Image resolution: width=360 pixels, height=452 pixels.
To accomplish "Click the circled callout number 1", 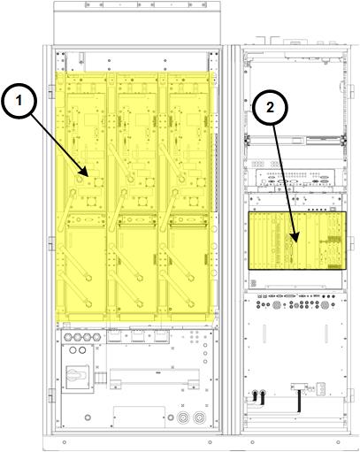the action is tap(19, 101).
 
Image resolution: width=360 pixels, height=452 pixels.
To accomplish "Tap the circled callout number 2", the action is tap(270, 108).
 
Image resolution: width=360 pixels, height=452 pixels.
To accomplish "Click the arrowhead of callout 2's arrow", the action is tap(295, 238).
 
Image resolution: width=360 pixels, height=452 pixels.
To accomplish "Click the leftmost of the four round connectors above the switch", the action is tap(67, 337).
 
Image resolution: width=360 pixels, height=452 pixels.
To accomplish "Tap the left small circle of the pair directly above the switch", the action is tap(73, 350).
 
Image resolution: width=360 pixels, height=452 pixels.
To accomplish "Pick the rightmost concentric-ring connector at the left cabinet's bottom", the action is tap(200, 418).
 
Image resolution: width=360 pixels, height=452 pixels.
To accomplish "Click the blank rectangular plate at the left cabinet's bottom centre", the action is tap(139, 417).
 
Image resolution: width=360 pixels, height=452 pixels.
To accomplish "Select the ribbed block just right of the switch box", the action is tap(100, 378).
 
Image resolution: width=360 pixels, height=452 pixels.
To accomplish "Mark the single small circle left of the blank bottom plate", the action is tap(88, 418).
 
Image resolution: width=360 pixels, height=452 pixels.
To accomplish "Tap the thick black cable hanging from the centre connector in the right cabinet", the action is tap(299, 401).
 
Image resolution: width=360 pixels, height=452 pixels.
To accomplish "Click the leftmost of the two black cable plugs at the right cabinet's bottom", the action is tap(255, 395).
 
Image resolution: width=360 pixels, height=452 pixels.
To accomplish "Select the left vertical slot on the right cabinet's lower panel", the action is tap(264, 333).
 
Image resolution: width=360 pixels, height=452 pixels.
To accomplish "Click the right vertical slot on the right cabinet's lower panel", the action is tap(326, 333).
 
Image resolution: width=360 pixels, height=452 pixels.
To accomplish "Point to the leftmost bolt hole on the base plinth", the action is tap(65, 442).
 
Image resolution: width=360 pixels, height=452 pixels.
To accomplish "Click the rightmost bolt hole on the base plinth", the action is tap(338, 442).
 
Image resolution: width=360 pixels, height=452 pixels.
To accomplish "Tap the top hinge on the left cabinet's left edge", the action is tap(50, 92).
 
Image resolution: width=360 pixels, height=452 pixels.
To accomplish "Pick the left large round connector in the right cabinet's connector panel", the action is tap(277, 305).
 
